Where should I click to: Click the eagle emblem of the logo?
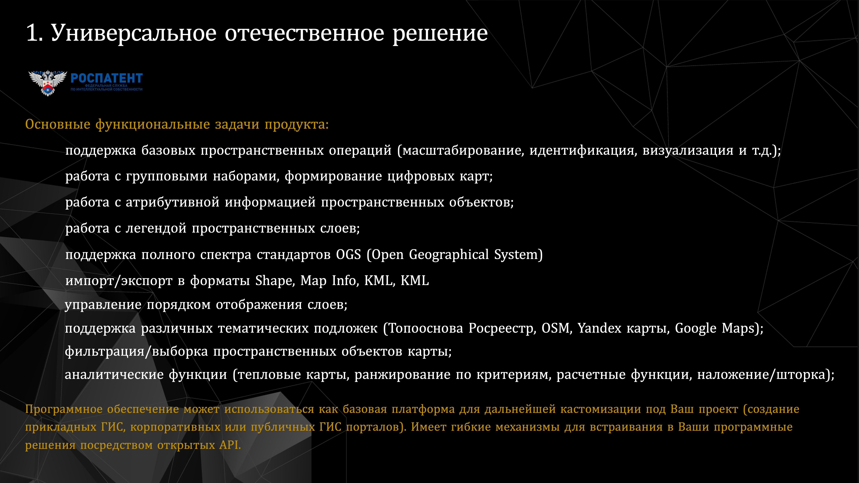tap(48, 83)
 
